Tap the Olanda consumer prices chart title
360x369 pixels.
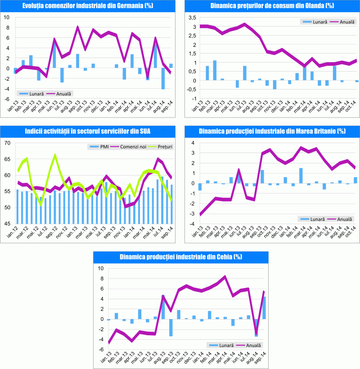(272, 6)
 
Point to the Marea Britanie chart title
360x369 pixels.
(272, 131)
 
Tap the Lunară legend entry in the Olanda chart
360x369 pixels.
(313, 22)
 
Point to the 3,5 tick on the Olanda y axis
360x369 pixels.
(192, 18)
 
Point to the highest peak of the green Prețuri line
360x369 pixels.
(55, 155)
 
